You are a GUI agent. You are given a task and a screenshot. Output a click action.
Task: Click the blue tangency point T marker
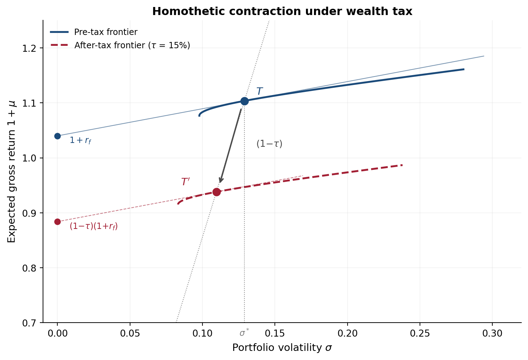click(244, 101)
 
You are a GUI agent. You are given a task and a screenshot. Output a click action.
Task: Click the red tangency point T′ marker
click(216, 192)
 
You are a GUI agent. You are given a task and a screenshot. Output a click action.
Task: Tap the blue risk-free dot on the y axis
click(58, 136)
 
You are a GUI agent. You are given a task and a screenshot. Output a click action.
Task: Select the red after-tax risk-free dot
click(58, 222)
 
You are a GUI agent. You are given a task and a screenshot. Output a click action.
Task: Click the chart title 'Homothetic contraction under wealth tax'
click(282, 12)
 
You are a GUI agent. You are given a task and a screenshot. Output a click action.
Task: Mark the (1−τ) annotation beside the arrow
click(269, 144)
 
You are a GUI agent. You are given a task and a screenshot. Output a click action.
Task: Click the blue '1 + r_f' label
click(80, 141)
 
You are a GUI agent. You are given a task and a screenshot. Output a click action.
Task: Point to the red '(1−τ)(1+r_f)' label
click(94, 226)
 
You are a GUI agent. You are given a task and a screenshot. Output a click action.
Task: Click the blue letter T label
click(259, 91)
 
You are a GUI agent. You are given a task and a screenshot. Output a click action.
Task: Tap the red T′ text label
click(185, 182)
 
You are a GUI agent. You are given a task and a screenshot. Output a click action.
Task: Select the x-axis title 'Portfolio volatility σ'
click(282, 348)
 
